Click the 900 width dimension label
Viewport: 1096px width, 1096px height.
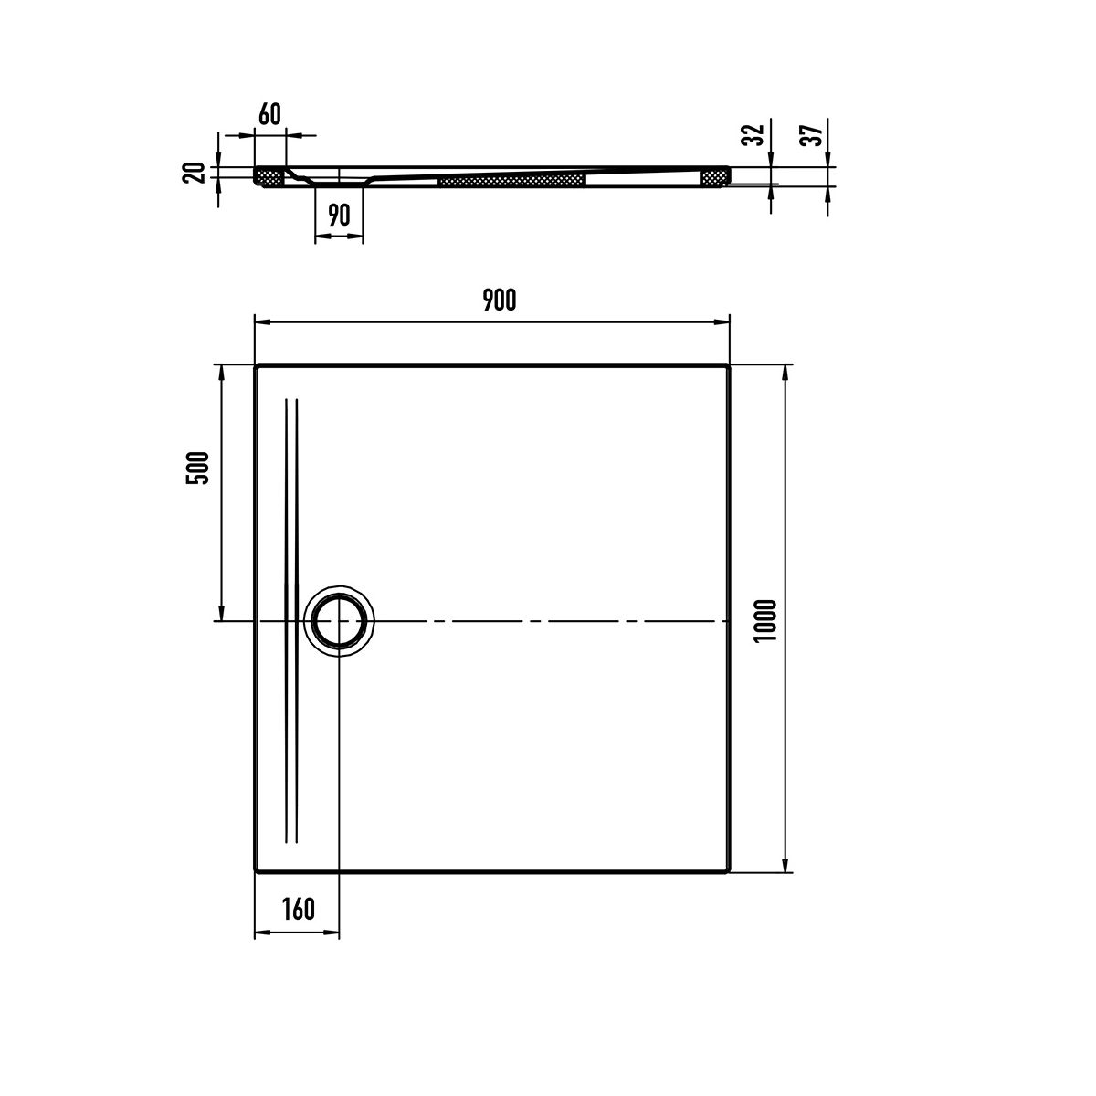(x=500, y=300)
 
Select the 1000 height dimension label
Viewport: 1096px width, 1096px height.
(x=765, y=621)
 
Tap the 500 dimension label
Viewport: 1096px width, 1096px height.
(x=198, y=469)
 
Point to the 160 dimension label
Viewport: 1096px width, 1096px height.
(x=298, y=909)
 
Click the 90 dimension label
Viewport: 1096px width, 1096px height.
(x=339, y=215)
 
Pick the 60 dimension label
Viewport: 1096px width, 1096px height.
(x=269, y=114)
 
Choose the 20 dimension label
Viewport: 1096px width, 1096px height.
(x=194, y=173)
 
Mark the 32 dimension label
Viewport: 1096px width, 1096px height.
(x=754, y=135)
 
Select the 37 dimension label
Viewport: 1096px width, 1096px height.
(x=812, y=135)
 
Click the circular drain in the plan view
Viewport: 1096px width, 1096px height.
(x=339, y=621)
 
